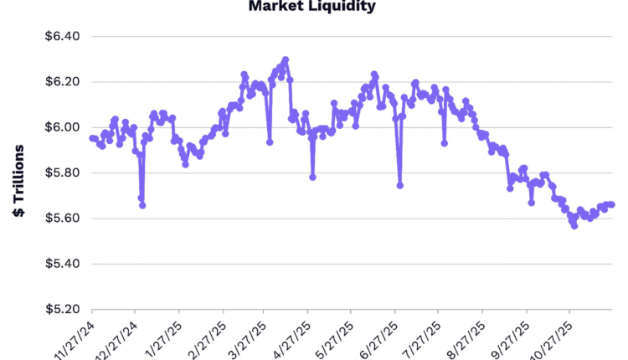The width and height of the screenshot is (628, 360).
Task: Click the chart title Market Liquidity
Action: tap(312, 7)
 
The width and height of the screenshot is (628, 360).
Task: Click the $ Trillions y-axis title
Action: tap(18, 181)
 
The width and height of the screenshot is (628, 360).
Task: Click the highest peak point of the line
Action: tap(286, 60)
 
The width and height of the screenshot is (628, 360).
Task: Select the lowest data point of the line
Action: tap(574, 226)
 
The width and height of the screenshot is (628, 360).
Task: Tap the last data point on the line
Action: tap(612, 204)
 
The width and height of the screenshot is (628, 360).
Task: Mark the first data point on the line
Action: tap(91, 138)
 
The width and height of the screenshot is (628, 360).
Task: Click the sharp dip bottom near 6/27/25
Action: tap(400, 185)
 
